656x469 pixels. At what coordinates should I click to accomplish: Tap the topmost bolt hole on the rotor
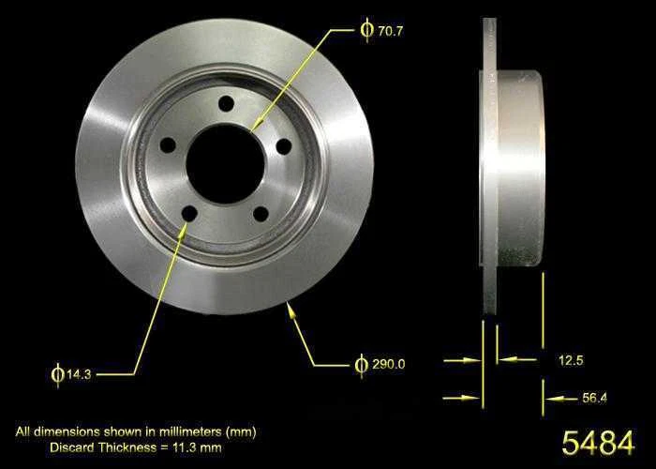click(x=226, y=104)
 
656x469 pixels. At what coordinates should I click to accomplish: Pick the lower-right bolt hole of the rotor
click(x=261, y=213)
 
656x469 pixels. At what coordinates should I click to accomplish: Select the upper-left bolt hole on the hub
click(x=168, y=145)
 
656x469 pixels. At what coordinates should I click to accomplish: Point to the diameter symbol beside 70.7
click(x=366, y=30)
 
